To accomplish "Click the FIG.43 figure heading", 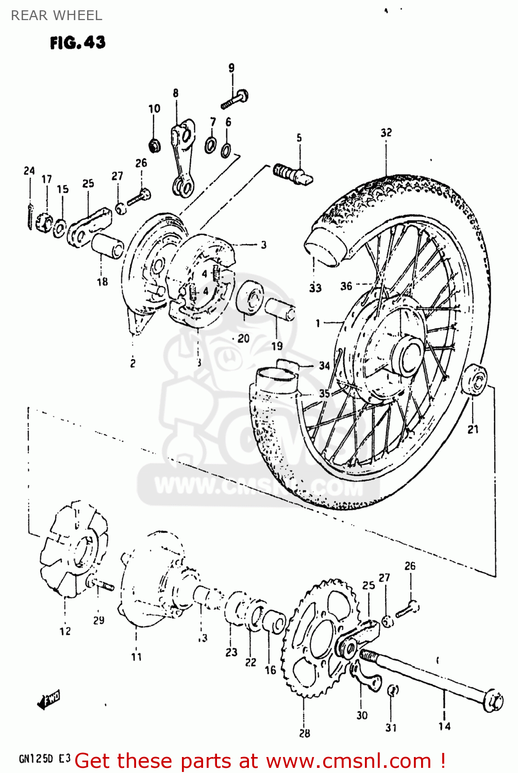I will (x=77, y=42).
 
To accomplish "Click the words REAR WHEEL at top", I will (x=56, y=15).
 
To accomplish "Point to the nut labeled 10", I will (x=154, y=145).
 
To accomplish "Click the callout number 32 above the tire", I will (x=386, y=132).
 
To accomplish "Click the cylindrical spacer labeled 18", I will (x=108, y=245).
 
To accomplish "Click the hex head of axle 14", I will (x=494, y=701).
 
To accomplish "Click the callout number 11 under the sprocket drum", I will (x=136, y=657).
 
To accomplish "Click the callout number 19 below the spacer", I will (x=277, y=346).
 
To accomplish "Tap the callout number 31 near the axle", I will (x=391, y=727).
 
